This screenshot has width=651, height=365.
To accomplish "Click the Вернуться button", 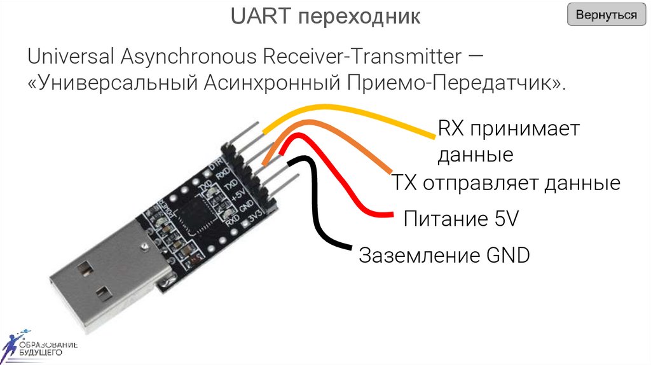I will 606,15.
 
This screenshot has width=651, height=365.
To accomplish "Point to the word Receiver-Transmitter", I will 360,57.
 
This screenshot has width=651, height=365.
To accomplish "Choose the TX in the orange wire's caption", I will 402,184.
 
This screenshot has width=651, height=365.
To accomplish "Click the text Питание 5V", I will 461,220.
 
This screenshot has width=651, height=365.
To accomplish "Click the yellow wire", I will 356,117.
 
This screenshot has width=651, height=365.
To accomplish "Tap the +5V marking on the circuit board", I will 238,193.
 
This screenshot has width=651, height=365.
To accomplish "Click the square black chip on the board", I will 193,216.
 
